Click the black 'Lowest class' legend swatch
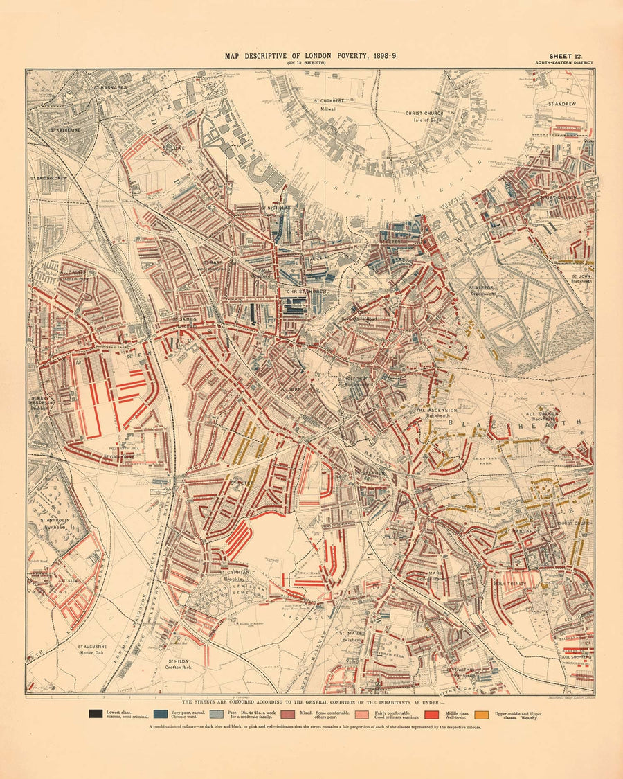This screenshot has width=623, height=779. pyautogui.click(x=93, y=713)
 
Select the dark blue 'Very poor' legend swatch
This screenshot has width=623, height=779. pyautogui.click(x=160, y=713)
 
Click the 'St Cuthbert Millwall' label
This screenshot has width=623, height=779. pyautogui.click(x=329, y=105)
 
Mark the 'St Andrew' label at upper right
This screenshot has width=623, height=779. pyautogui.click(x=562, y=104)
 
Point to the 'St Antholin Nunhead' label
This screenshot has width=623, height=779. pyautogui.click(x=53, y=523)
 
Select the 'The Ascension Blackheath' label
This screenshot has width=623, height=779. pyautogui.click(x=436, y=414)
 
